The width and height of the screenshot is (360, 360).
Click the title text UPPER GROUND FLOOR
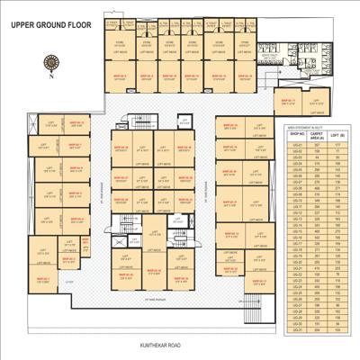[49, 25]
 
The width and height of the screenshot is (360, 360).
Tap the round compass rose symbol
[52, 62]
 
